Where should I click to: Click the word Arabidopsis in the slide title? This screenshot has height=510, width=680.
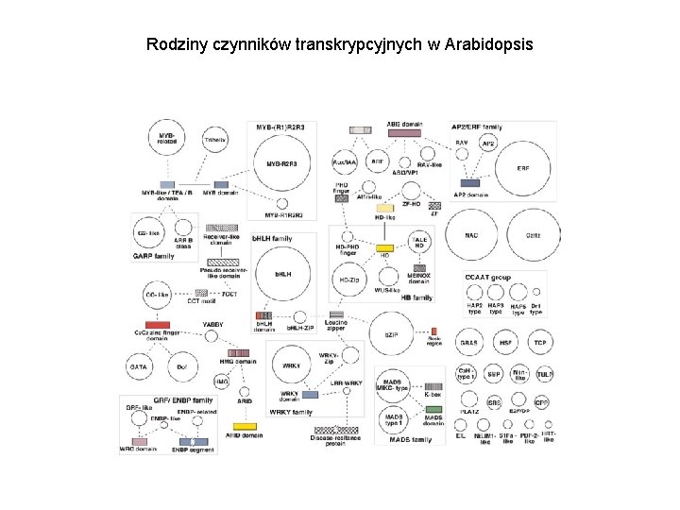coord(489,44)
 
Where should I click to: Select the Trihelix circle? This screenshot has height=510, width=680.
coord(216,141)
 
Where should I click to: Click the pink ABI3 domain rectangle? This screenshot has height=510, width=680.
coord(404,133)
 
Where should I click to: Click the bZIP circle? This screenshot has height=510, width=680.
coord(390,334)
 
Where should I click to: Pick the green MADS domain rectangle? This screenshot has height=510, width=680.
coord(433,408)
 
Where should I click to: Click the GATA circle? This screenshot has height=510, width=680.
coord(139,367)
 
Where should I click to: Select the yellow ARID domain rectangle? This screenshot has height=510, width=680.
coord(245,426)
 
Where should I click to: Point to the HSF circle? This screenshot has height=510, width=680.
coord(506,342)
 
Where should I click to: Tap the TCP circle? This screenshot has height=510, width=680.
coord(540,342)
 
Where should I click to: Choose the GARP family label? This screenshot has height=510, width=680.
coord(153,256)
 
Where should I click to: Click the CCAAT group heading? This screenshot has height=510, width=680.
coord(487,277)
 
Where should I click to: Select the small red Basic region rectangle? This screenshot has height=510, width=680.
coord(433,331)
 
